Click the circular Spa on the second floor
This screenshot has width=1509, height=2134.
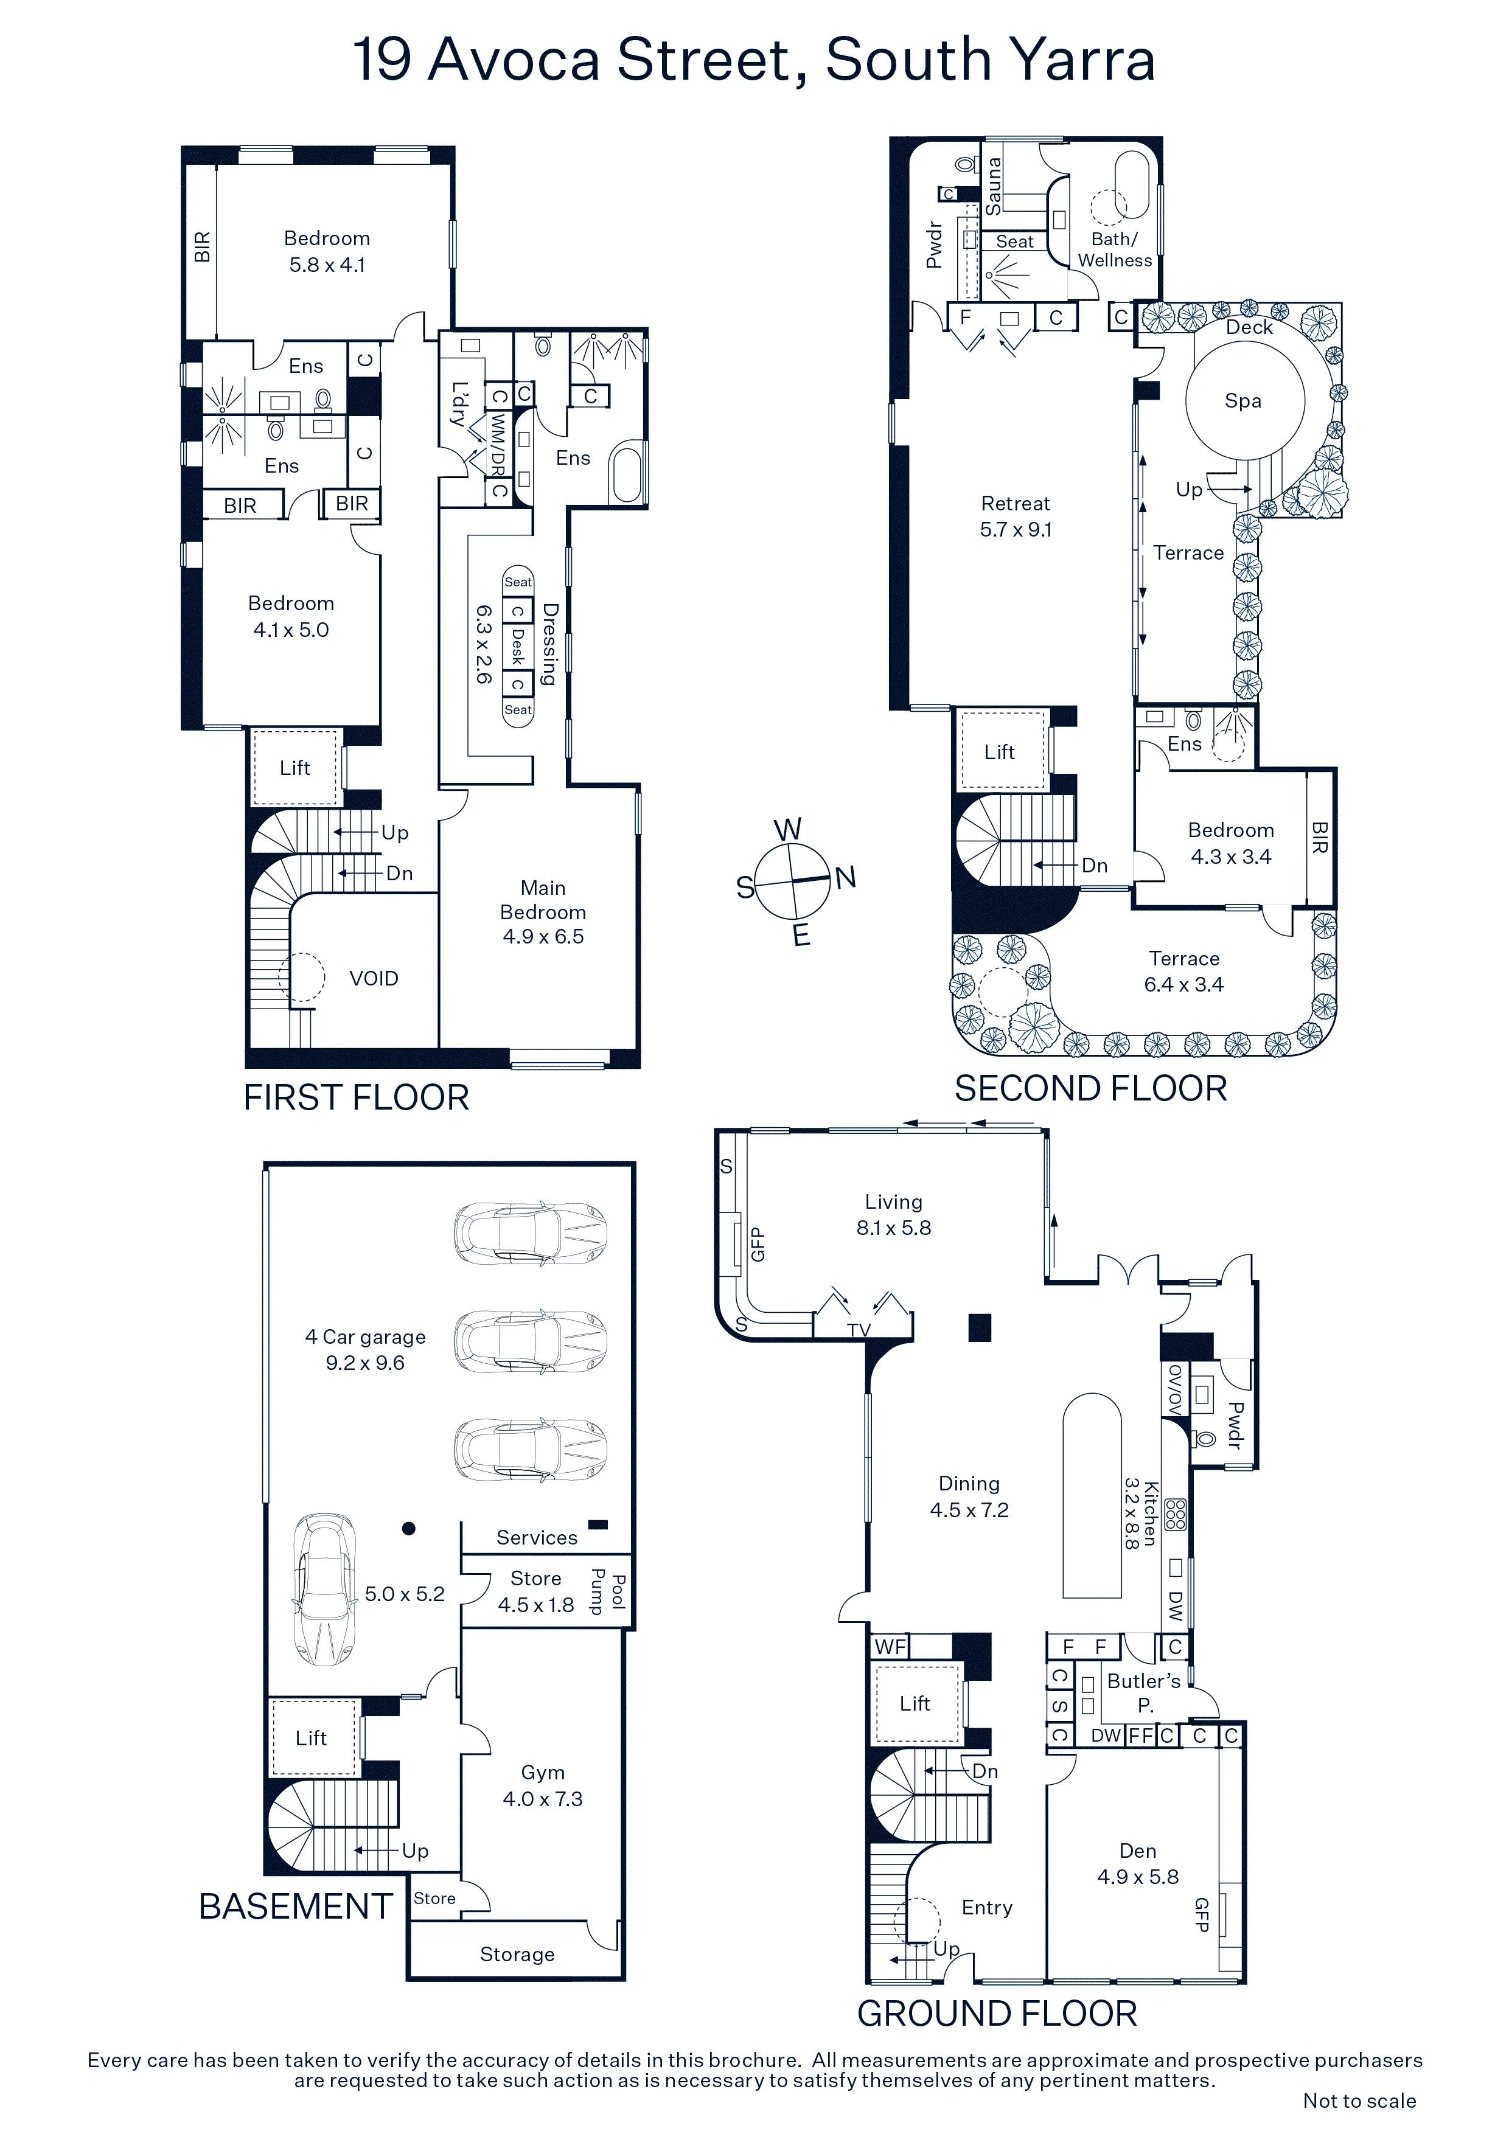tap(1245, 401)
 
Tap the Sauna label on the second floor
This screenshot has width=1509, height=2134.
tap(994, 186)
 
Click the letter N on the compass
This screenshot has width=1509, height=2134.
tap(845, 877)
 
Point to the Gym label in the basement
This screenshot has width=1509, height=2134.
tap(543, 1773)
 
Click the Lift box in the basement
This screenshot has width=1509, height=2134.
tap(312, 1738)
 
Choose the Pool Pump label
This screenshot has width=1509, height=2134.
tap(608, 1591)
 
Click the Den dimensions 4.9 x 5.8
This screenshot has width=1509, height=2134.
tap(1138, 1877)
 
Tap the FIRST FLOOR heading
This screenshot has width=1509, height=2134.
tap(356, 1097)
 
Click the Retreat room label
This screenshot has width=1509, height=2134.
tap(1016, 504)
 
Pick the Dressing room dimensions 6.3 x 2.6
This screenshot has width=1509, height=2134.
tap(484, 645)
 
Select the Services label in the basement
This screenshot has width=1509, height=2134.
tap(537, 1537)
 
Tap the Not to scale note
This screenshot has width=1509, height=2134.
tap(1359, 2101)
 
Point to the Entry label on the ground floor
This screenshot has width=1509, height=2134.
tap(988, 1907)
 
